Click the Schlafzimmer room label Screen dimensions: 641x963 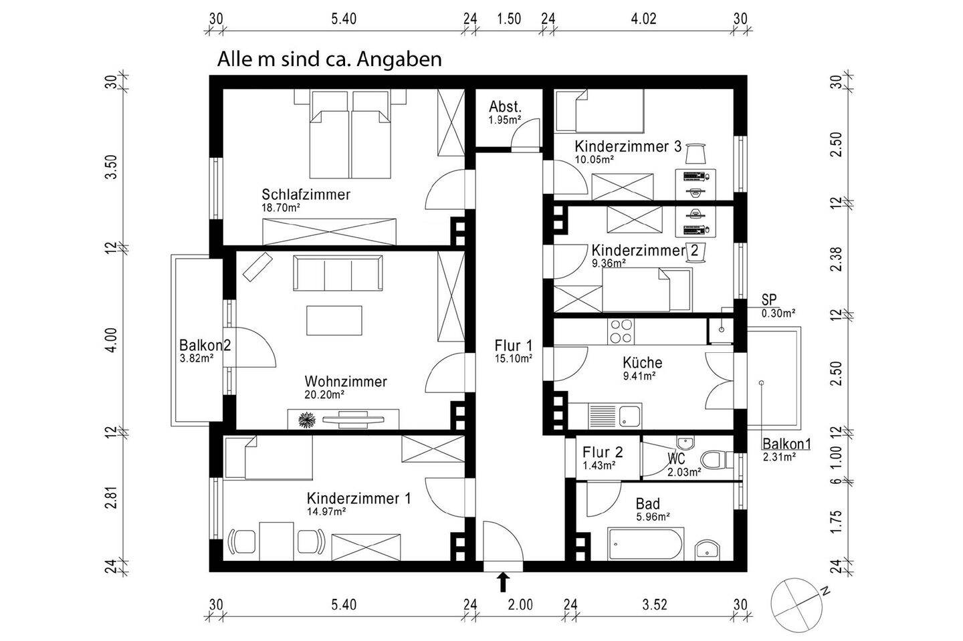306,195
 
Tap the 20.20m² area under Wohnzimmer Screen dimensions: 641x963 324,395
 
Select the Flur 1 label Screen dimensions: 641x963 513,346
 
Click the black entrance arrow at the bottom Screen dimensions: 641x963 502,582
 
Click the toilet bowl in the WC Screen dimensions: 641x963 716,460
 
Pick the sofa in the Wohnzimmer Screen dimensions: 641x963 337,274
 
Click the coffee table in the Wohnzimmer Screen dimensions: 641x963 334,320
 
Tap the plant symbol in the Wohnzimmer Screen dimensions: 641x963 307,420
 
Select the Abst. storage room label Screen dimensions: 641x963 505,107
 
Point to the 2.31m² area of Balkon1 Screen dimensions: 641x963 779,457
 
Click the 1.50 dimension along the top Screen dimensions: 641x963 509,19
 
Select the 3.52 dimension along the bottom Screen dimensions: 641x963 655,606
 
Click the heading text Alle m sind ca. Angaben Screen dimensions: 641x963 329,59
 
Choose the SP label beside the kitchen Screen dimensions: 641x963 769,301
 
